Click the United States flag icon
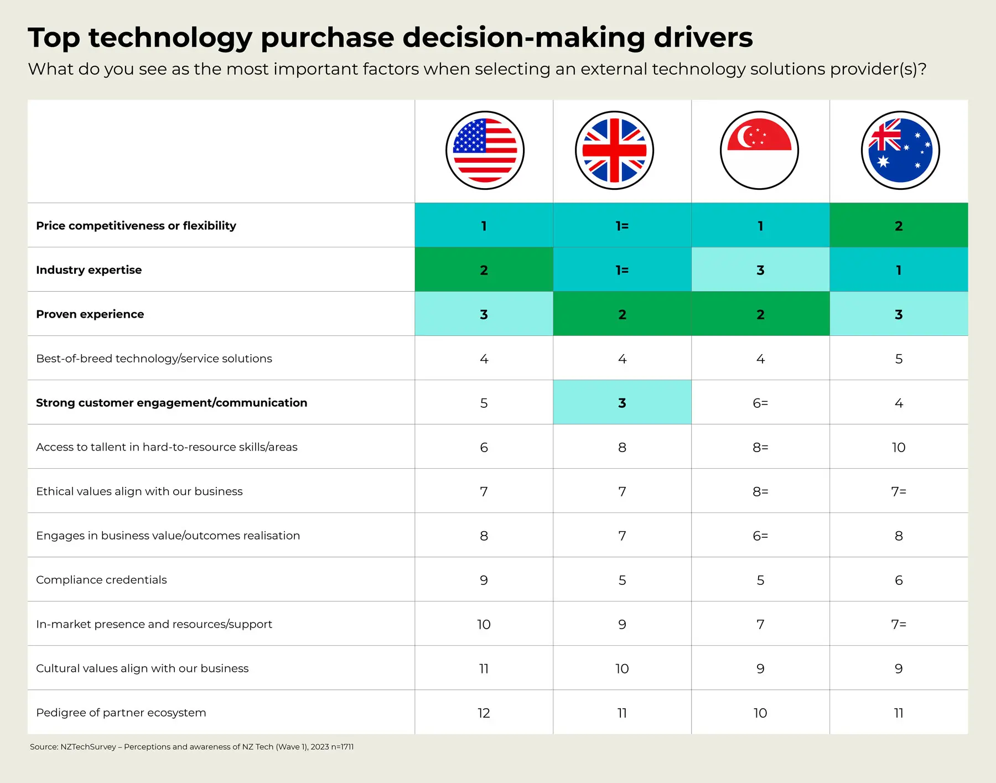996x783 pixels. (x=485, y=151)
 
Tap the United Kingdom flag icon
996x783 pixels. (x=614, y=151)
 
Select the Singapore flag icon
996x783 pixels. (x=759, y=151)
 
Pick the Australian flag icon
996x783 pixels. (x=900, y=151)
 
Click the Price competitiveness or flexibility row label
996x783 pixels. (x=136, y=226)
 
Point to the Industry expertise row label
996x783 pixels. (x=89, y=270)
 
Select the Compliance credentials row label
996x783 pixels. (x=101, y=580)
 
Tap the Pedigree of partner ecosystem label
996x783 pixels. (x=121, y=713)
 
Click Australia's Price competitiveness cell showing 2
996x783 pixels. (x=899, y=226)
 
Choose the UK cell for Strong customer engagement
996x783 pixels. (x=622, y=403)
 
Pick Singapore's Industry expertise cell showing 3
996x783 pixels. (x=760, y=270)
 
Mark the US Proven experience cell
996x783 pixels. (x=484, y=314)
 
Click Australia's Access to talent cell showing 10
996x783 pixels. (x=899, y=447)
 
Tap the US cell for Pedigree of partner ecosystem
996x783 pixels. (x=484, y=713)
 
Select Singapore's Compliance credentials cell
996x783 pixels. (x=760, y=580)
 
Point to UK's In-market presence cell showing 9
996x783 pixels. (x=622, y=624)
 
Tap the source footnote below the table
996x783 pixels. (x=191, y=747)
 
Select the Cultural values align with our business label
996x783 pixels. (x=142, y=668)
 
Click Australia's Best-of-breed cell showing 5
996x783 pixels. (x=899, y=359)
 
